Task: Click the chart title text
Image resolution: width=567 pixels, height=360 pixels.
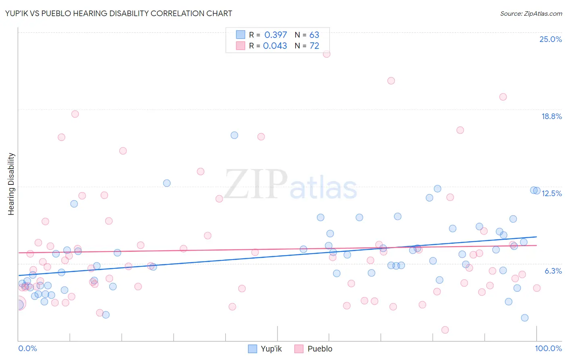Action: [x=119, y=13]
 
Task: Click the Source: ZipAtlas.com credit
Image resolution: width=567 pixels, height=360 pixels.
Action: [x=531, y=13]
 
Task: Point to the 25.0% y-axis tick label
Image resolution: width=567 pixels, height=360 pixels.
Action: [x=550, y=39]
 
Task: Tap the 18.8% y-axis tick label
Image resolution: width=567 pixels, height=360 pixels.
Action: [x=551, y=116]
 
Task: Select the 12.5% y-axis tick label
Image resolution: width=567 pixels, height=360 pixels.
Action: [x=551, y=193]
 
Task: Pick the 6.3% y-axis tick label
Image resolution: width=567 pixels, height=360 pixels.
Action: [x=553, y=271]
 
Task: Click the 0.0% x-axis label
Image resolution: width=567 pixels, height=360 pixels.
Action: [x=27, y=348]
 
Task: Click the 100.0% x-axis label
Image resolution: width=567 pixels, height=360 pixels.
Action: [x=548, y=348]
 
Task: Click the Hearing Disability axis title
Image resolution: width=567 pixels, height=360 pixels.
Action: [x=11, y=184]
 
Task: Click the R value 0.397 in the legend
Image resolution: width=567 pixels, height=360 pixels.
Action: [x=275, y=35]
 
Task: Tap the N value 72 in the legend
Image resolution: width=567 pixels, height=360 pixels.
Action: [x=314, y=46]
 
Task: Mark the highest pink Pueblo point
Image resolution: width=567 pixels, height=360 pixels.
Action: [x=327, y=54]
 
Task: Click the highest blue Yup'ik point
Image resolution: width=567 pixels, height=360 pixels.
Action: [x=234, y=135]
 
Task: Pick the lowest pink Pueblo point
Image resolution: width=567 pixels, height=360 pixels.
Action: [x=445, y=330]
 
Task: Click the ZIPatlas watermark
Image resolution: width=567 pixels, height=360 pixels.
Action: [x=290, y=185]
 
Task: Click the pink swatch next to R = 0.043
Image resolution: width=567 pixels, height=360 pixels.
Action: [x=240, y=46]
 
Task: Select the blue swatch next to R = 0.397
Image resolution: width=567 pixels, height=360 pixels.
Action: [x=240, y=35]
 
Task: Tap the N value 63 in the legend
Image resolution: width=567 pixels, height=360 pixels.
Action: [x=314, y=35]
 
